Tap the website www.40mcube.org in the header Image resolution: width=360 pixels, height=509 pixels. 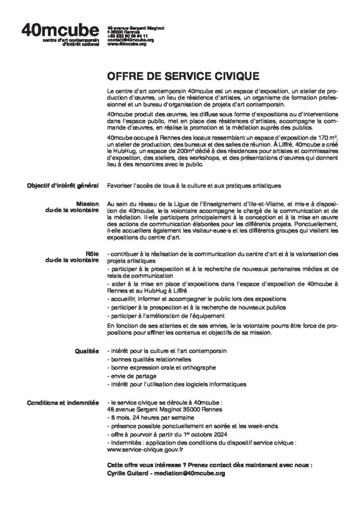(127, 44)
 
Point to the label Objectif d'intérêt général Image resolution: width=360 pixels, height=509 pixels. (63, 186)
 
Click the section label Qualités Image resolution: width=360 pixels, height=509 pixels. (86, 351)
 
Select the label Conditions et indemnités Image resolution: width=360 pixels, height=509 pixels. (63, 401)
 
